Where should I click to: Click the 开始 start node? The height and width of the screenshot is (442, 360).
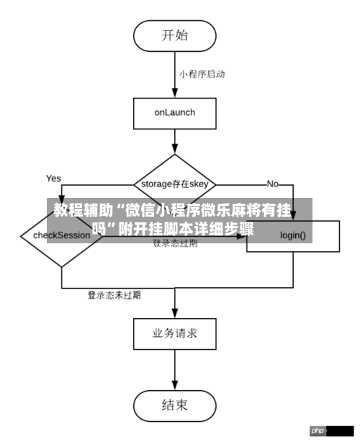pyautogui.click(x=175, y=34)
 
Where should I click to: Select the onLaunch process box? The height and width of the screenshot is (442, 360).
pyautogui.click(x=175, y=113)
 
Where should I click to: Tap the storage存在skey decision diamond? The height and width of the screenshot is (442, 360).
pyautogui.click(x=175, y=184)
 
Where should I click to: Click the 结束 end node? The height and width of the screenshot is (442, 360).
pyautogui.click(x=175, y=405)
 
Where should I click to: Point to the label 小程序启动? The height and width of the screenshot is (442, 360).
pyautogui.click(x=202, y=73)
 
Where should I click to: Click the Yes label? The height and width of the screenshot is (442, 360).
pyautogui.click(x=54, y=178)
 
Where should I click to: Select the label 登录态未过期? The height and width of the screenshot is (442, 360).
pyautogui.click(x=114, y=294)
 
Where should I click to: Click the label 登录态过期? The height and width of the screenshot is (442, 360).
pyautogui.click(x=175, y=243)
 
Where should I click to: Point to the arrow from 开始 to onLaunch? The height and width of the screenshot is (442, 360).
pyautogui.click(x=175, y=76)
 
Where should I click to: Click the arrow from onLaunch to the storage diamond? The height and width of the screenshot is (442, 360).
pyautogui.click(x=175, y=141)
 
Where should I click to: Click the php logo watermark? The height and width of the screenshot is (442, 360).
pyautogui.click(x=318, y=430)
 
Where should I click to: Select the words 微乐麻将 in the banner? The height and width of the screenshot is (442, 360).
pyautogui.click(x=232, y=212)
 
